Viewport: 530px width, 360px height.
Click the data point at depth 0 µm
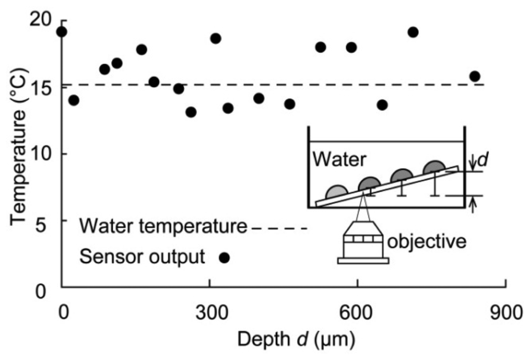(x=62, y=32)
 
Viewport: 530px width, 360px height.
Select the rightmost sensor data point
(x=475, y=77)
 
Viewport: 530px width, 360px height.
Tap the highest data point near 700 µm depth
(x=413, y=32)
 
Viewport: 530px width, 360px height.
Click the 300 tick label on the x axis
(x=209, y=314)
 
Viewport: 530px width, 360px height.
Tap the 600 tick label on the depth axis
(x=357, y=314)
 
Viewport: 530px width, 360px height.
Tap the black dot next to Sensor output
(x=224, y=257)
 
